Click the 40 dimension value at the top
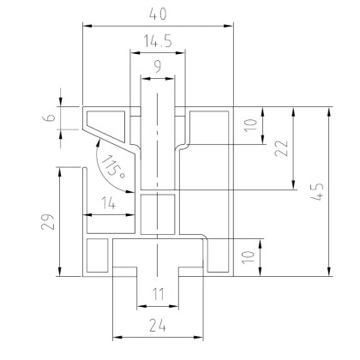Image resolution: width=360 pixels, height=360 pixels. [x=158, y=14]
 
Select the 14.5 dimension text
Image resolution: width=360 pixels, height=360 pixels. [x=158, y=41]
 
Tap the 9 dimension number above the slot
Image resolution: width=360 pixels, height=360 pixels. [x=158, y=66]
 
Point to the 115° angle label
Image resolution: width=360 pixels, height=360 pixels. [x=113, y=167]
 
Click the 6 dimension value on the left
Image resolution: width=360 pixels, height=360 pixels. [x=51, y=117]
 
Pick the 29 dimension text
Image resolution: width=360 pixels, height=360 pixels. [x=48, y=221]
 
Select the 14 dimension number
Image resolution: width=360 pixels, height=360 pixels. [x=109, y=203]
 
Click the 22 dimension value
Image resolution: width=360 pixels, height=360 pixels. [x=281, y=148]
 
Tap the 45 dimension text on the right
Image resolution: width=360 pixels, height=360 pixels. [x=317, y=191]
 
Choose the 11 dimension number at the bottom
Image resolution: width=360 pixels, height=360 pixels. [x=158, y=294]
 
